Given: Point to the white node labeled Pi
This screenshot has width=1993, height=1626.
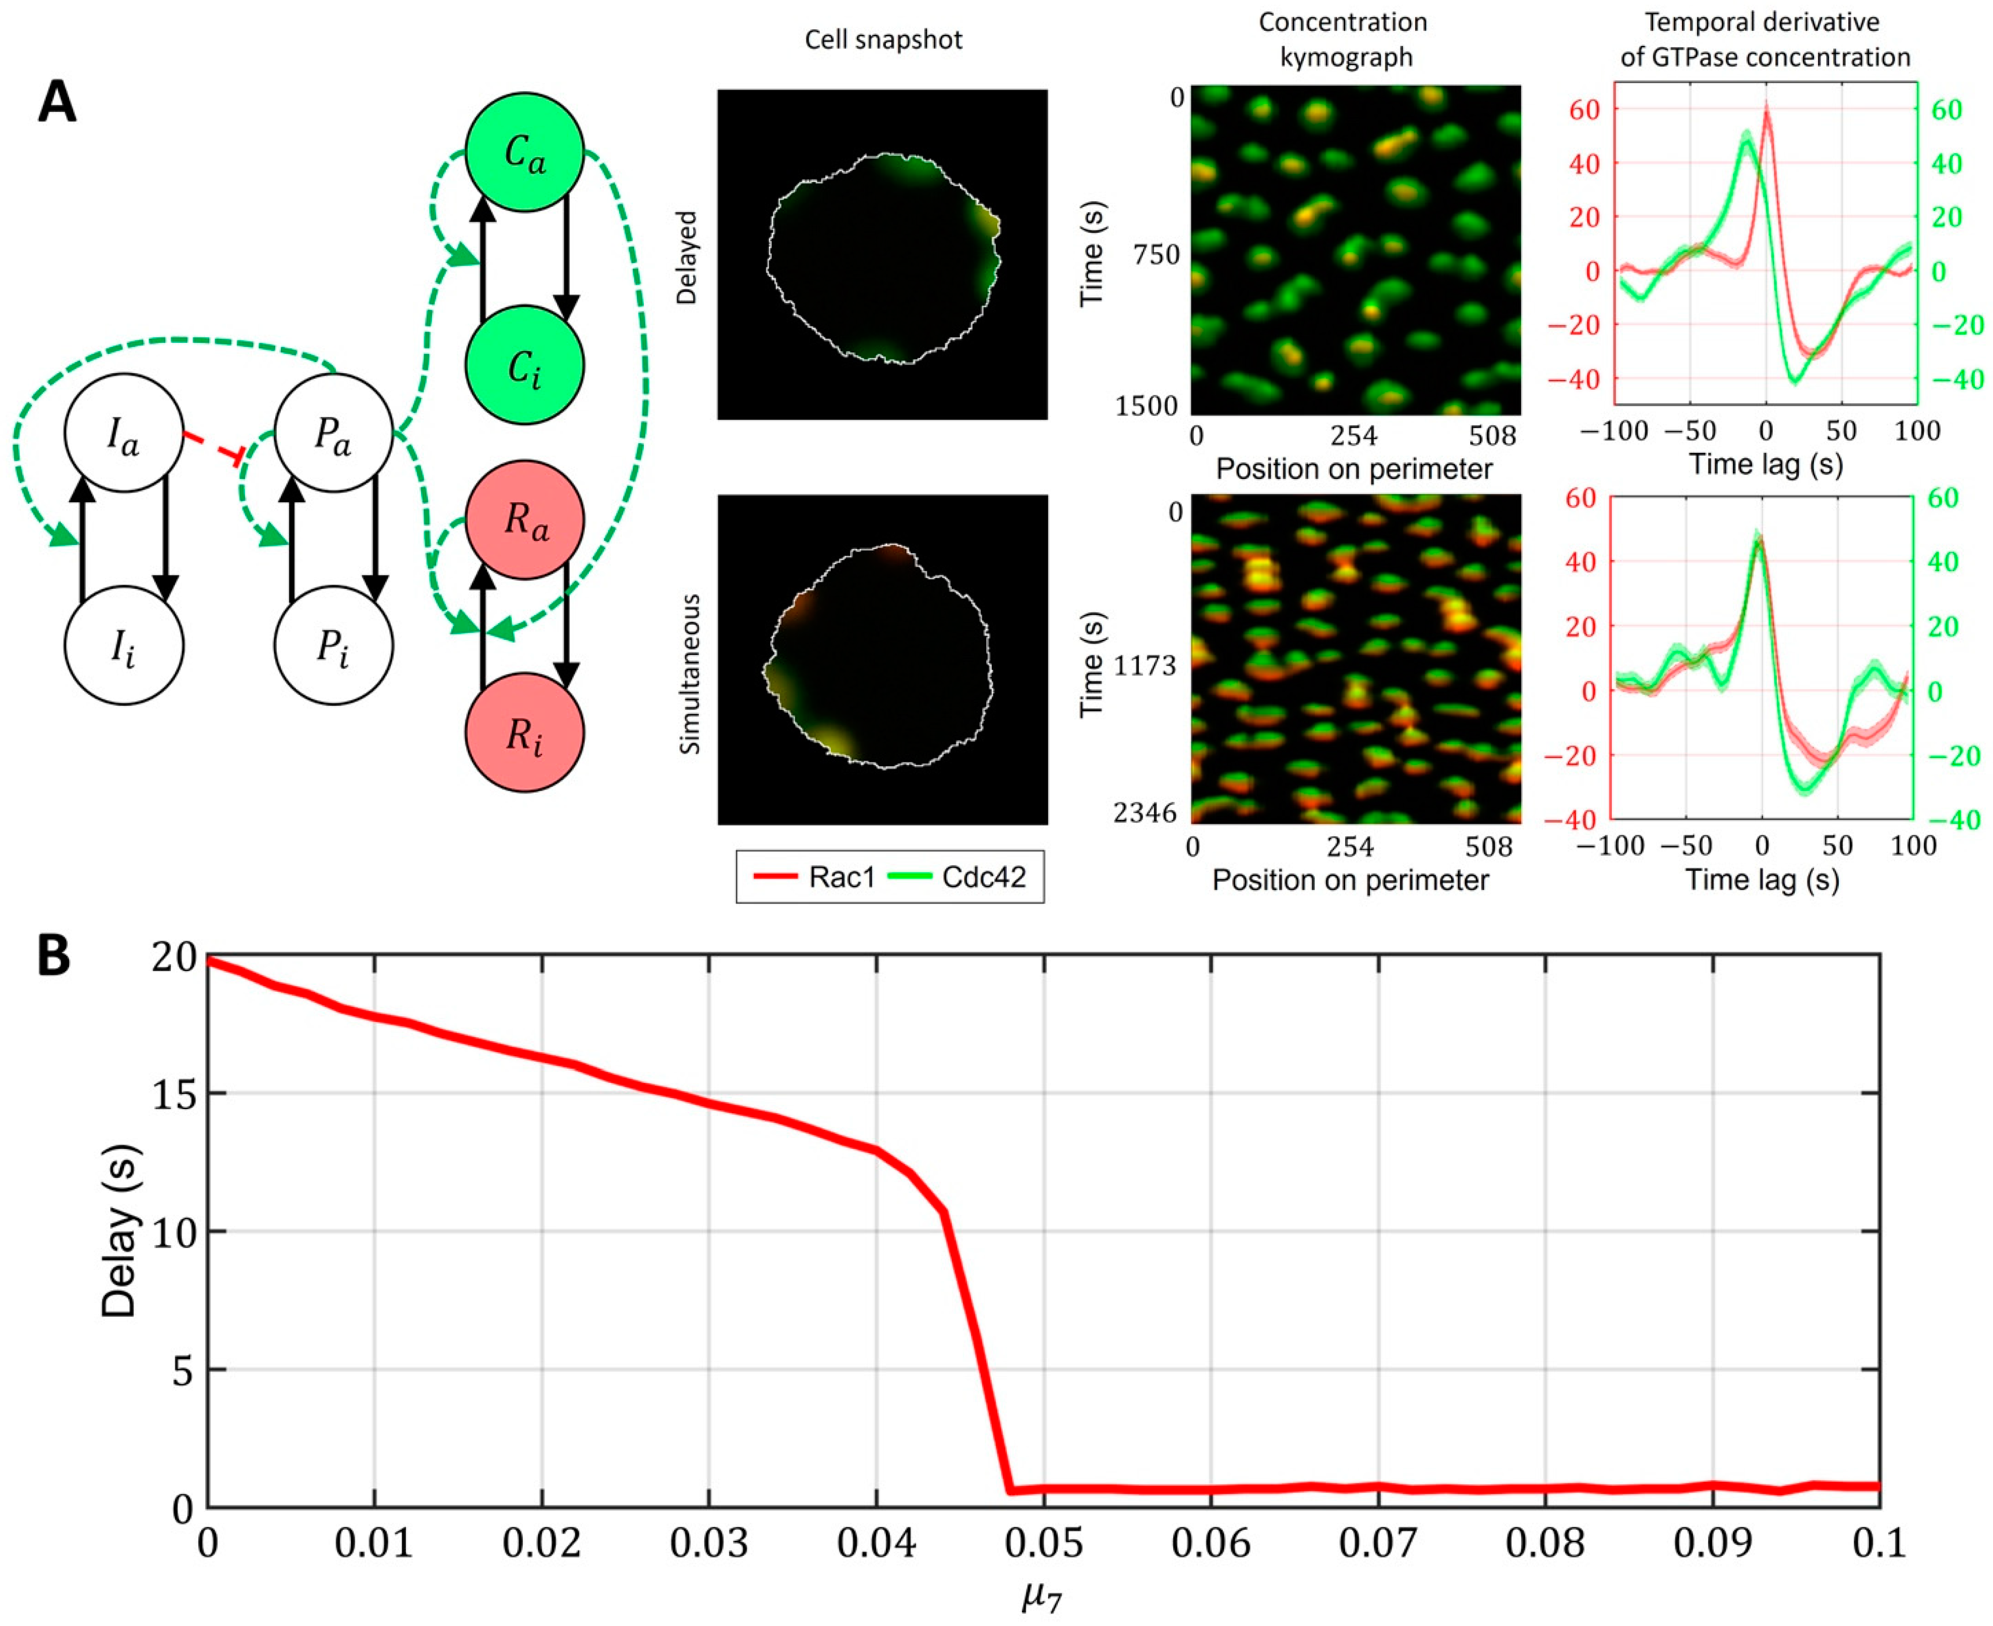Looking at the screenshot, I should click(x=333, y=645).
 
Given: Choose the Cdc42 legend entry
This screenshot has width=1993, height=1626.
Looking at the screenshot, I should click(x=964, y=877).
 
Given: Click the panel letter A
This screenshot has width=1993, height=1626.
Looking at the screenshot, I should click(x=56, y=103).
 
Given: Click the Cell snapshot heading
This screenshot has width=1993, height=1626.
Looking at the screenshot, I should click(x=883, y=39).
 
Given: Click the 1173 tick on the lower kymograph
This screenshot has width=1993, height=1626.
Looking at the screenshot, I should click(x=1144, y=666).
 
